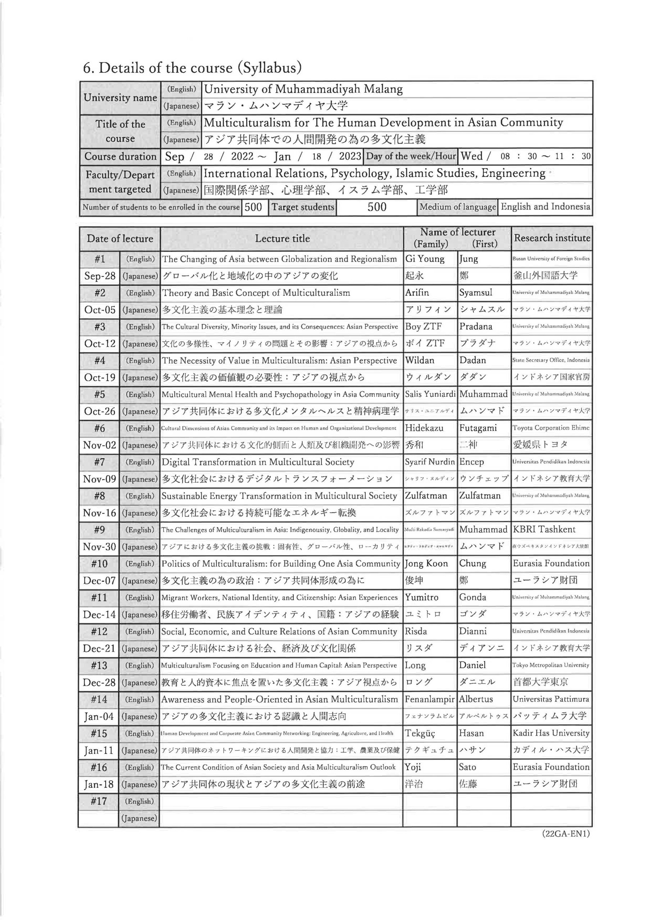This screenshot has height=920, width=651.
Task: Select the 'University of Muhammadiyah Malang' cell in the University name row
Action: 303,89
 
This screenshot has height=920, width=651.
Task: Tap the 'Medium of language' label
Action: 457,207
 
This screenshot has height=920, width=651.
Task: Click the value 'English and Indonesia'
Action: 545,207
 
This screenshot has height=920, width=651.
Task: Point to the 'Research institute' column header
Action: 551,238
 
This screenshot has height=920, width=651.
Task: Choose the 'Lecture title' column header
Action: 282,239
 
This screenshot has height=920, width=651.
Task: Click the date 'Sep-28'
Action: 100,276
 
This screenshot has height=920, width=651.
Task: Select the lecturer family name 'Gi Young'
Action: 425,259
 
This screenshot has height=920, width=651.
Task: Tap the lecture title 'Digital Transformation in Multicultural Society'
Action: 258,462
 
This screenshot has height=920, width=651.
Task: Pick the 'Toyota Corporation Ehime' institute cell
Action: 551,428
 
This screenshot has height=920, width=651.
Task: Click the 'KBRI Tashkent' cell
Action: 544,529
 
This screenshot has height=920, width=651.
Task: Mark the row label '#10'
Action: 100,564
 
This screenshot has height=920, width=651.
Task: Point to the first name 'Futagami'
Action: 478,428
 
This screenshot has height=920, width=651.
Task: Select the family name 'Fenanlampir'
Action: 429,699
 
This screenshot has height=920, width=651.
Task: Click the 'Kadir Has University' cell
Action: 551,733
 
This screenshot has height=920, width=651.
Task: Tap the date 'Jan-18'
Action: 99,784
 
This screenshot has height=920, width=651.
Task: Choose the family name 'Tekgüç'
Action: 420,733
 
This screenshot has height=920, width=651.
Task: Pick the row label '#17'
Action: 98,801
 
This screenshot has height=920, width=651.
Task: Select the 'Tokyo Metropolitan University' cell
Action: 551,665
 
